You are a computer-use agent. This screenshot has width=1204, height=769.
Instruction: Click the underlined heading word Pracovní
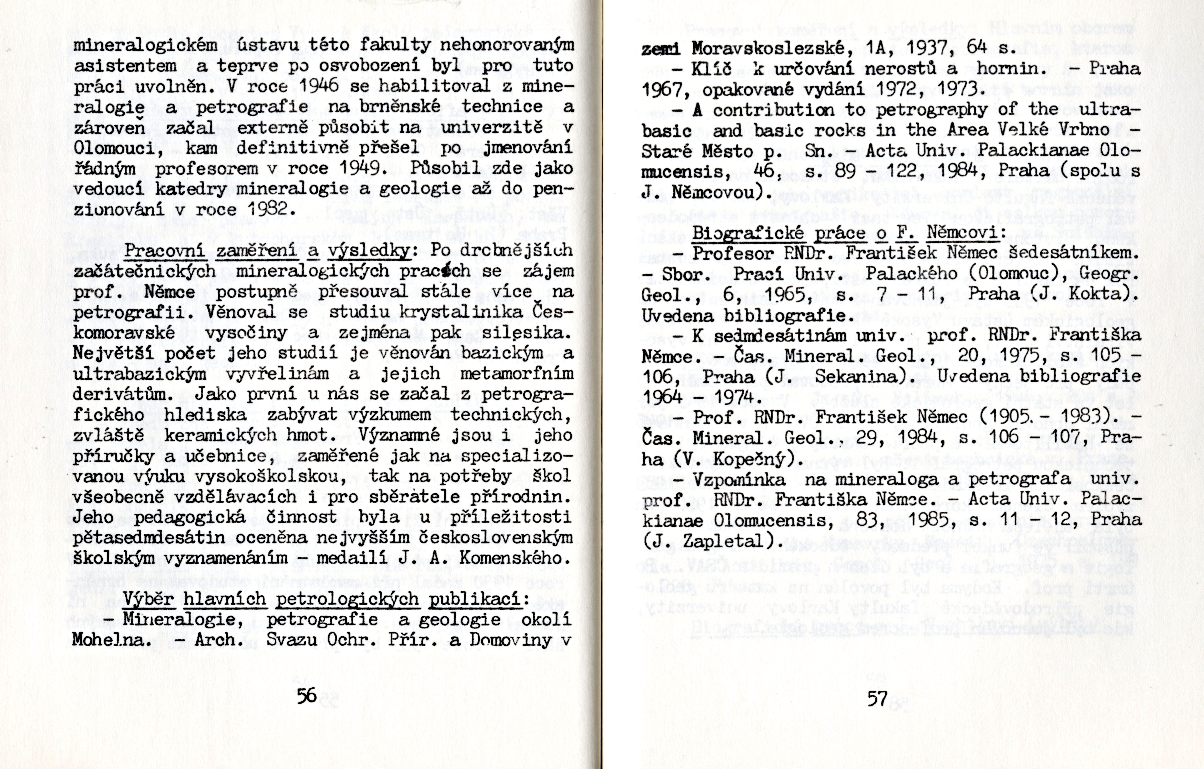pyautogui.click(x=165, y=250)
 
